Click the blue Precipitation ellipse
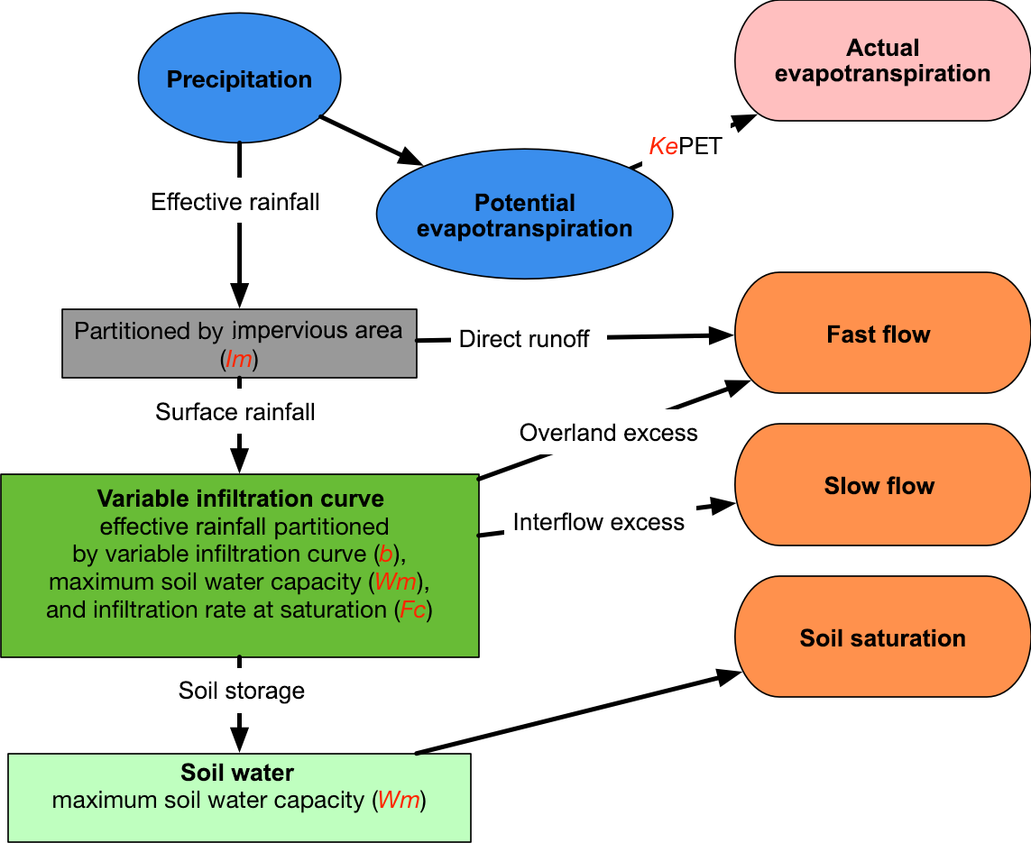tap(239, 79)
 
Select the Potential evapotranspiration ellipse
tap(524, 215)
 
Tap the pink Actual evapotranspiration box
tap(882, 61)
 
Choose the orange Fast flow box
tap(882, 334)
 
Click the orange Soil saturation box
tap(882, 638)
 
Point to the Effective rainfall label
tap(235, 202)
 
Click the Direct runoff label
tap(524, 339)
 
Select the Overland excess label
tap(609, 434)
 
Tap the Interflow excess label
tap(599, 522)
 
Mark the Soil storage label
tap(242, 692)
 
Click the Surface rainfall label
tap(235, 413)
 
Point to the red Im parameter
tap(240, 359)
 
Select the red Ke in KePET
tap(663, 147)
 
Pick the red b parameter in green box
tap(386, 554)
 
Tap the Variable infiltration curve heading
tap(241, 499)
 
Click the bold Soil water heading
tap(237, 773)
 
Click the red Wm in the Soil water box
tap(399, 801)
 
